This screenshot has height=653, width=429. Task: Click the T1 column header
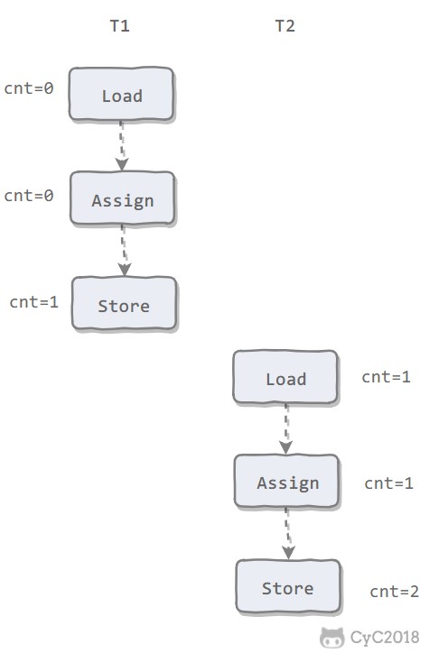[x=119, y=26]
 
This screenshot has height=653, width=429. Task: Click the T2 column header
[x=285, y=26]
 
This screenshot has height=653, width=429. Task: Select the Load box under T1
[x=121, y=94]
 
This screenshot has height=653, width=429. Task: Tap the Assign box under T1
[x=123, y=198]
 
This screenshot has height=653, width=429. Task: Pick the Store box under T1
[x=125, y=304]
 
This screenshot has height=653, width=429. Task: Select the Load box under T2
[x=285, y=377]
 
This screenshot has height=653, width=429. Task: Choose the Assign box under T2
[x=287, y=482]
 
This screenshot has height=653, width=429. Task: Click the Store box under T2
[x=288, y=587]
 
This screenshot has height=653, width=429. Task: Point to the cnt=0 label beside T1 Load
[x=29, y=88]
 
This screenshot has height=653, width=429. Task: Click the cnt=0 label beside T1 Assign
[x=29, y=196]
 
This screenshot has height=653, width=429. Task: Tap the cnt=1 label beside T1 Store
[x=33, y=302]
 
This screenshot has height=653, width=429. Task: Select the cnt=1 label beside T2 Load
[x=386, y=377]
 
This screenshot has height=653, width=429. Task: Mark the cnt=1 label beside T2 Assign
[x=389, y=483]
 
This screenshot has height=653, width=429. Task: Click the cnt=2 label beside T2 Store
[x=395, y=592]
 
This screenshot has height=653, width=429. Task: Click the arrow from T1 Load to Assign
[x=121, y=146]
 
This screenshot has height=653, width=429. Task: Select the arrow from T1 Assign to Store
[x=124, y=251]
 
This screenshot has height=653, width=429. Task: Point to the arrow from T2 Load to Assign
[x=286, y=429]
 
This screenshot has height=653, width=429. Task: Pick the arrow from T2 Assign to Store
[x=288, y=534]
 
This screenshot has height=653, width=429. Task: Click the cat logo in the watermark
[x=332, y=638]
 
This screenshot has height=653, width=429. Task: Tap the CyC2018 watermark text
[x=385, y=638]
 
